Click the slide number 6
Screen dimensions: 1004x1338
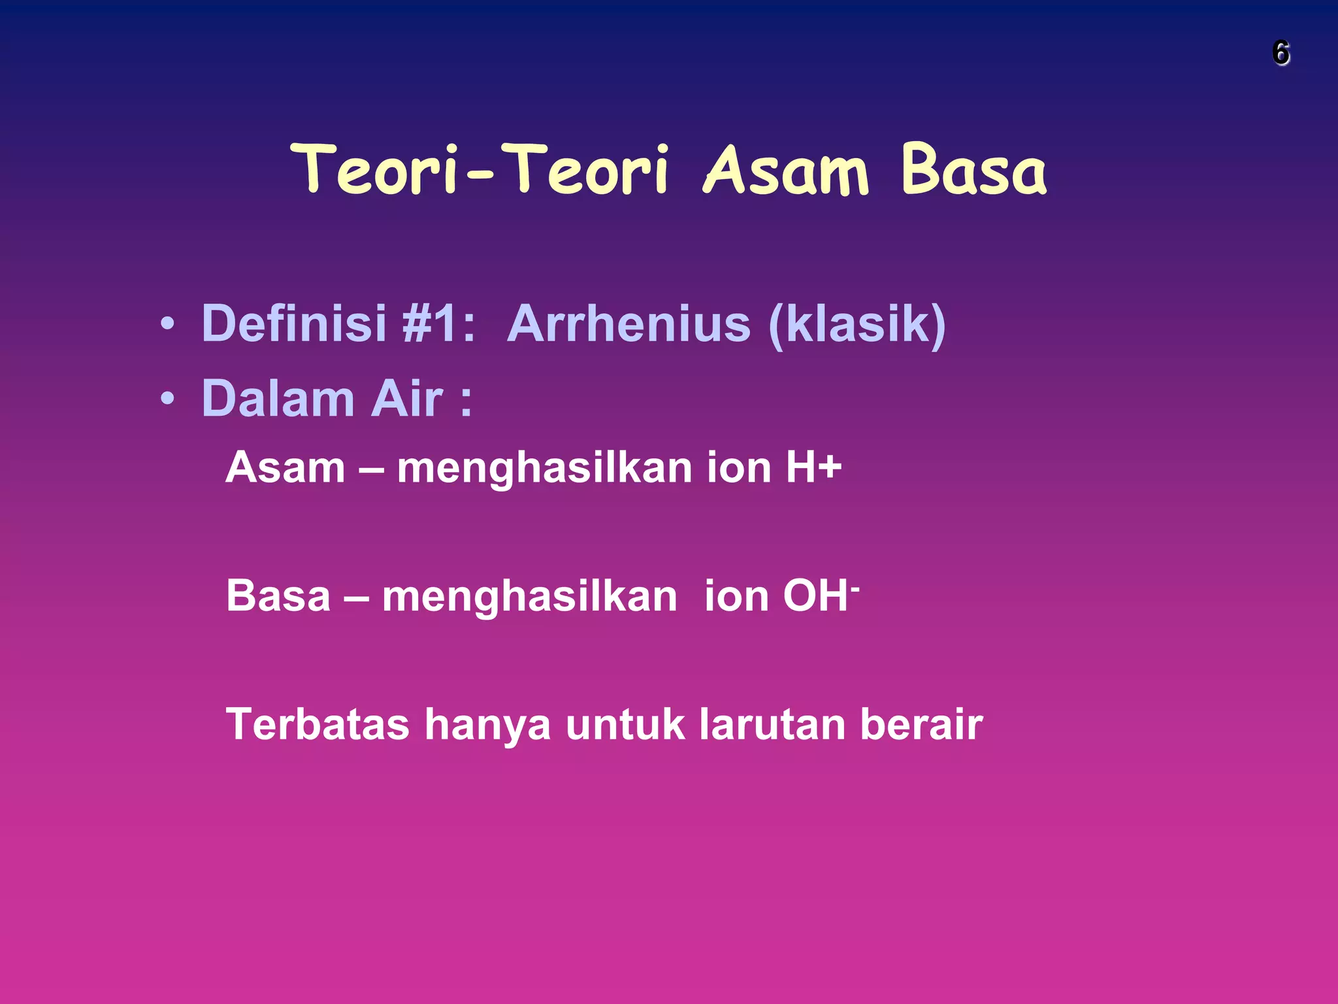1281,53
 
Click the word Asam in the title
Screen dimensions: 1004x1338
786,171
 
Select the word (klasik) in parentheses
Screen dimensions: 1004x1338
857,324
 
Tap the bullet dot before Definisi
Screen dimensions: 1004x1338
167,324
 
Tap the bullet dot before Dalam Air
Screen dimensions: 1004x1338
167,399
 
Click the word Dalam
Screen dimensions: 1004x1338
278,399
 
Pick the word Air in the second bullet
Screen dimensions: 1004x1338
407,399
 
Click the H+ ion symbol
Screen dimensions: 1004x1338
814,468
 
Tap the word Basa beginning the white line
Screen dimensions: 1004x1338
278,596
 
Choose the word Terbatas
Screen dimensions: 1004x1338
318,724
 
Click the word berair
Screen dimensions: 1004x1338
921,724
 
